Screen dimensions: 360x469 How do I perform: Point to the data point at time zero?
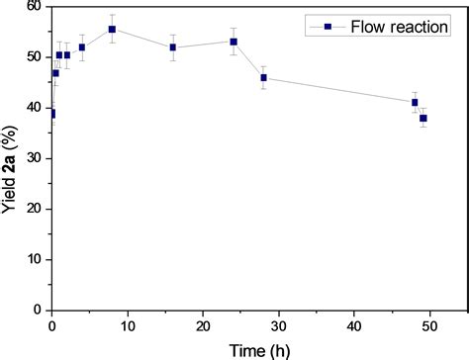(x=51, y=114)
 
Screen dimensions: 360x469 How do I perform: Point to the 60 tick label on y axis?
(x=36, y=6)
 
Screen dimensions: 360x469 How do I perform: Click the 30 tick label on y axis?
(x=36, y=158)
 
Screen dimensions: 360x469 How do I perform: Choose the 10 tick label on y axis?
(x=36, y=260)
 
